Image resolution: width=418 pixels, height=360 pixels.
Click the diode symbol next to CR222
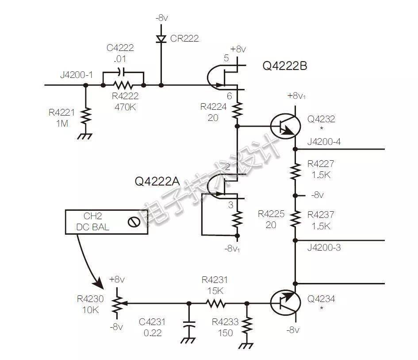click(161, 39)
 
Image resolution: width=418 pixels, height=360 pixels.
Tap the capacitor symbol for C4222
click(122, 72)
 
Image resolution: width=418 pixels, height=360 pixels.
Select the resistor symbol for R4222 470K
click(123, 85)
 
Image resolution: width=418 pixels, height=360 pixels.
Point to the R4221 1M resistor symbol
click(85, 116)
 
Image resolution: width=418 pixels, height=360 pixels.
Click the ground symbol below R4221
click(85, 136)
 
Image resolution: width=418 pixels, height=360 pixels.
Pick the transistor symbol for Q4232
click(285, 126)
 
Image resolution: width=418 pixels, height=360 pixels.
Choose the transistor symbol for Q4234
click(285, 303)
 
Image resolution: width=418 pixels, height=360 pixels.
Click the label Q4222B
click(285, 66)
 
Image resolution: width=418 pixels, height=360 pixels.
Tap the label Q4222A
click(157, 182)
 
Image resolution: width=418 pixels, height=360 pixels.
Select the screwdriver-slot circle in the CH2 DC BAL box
click(134, 222)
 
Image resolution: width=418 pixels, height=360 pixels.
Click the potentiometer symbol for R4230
click(117, 303)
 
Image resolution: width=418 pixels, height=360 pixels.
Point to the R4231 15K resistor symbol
click(216, 303)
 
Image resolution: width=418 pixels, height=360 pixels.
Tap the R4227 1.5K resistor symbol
click(295, 172)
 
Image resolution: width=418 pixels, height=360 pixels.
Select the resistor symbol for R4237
click(295, 218)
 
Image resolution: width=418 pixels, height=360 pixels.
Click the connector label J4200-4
click(324, 142)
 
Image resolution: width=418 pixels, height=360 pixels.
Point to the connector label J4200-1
click(77, 75)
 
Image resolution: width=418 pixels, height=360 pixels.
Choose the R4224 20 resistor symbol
click(237, 111)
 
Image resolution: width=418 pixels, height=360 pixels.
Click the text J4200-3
click(324, 248)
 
